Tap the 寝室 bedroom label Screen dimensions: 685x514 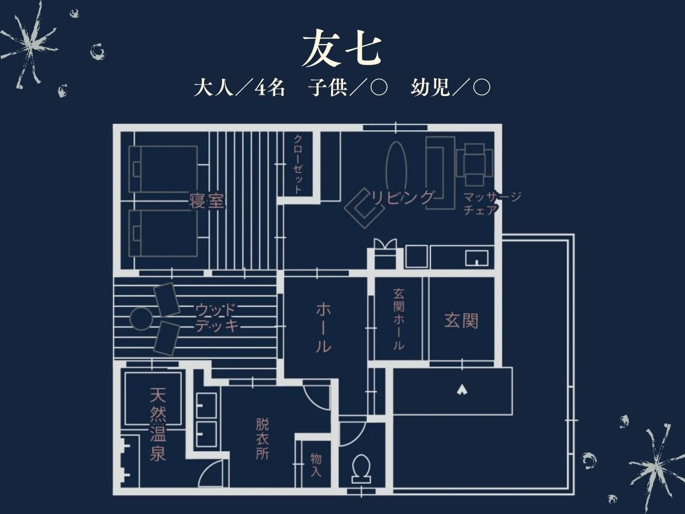tap(207, 201)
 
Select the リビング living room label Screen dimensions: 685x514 tap(403, 197)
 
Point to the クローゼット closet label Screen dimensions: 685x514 tap(298, 164)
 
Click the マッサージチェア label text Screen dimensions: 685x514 tap(492, 203)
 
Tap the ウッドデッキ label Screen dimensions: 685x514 tap(217, 318)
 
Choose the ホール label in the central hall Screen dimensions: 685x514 tap(323, 328)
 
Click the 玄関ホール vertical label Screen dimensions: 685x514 tap(398, 319)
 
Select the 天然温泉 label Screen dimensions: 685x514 tap(158, 424)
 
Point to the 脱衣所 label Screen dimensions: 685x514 tap(262, 439)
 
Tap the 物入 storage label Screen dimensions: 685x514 tap(316, 465)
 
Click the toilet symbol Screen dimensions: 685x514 tap(361, 469)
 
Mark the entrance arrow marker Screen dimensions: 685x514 tap(462, 390)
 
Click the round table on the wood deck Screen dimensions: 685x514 tap(142, 319)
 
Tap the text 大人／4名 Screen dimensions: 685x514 tap(239, 88)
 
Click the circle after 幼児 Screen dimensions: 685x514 tap(482, 88)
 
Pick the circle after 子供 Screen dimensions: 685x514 tap(379, 88)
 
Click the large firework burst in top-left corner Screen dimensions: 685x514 tap(30, 45)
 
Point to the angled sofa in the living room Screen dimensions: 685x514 tap(364, 208)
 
